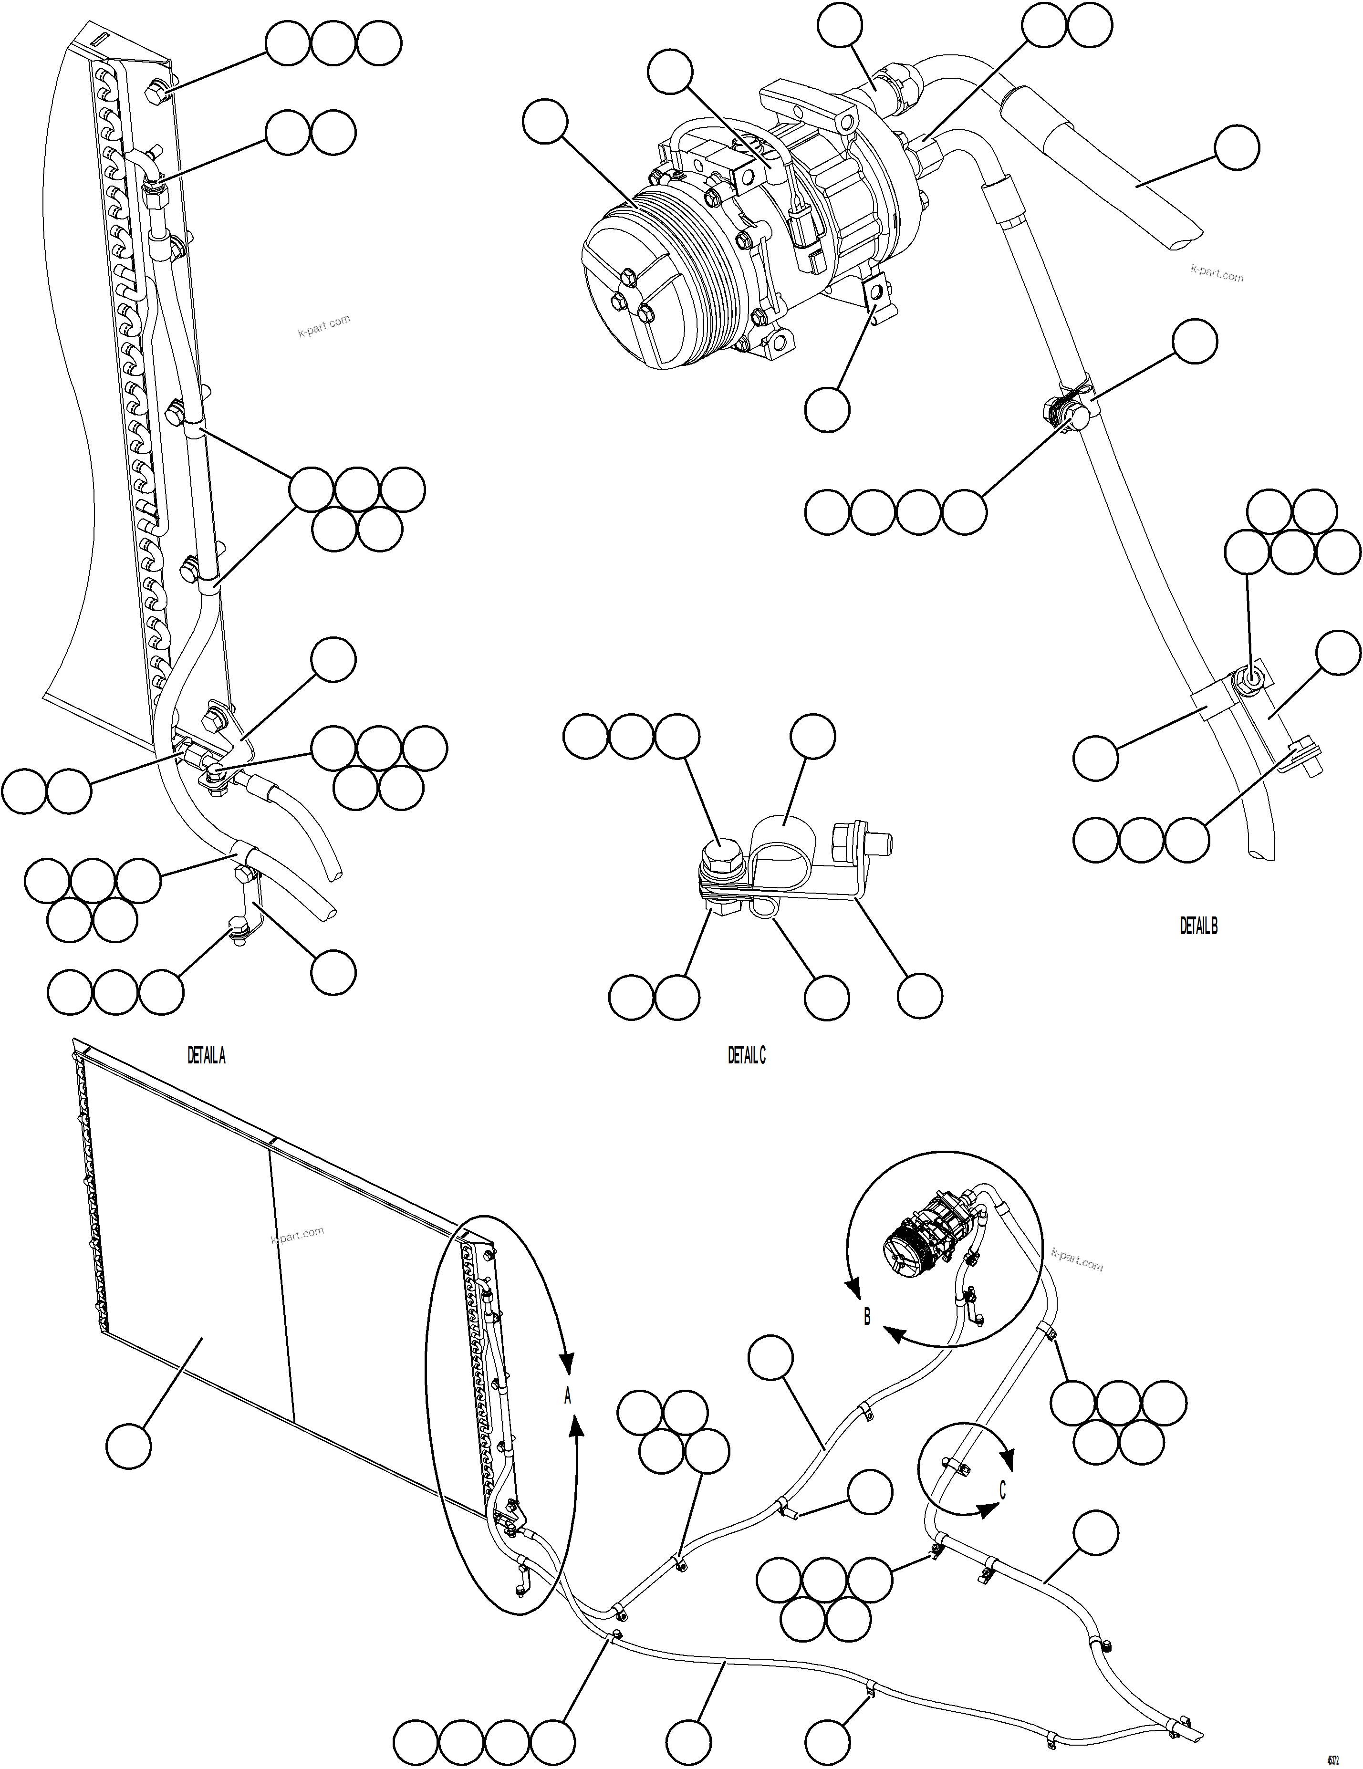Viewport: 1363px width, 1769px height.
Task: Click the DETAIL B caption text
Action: [x=1198, y=926]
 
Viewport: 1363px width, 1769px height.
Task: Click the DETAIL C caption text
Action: [x=746, y=1055]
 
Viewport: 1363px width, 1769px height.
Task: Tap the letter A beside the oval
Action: [x=568, y=1395]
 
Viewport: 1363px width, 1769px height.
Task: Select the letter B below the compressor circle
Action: [x=866, y=1316]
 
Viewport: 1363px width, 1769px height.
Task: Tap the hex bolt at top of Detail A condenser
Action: [x=156, y=95]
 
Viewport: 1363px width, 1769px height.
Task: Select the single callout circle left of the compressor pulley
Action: [x=546, y=122]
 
